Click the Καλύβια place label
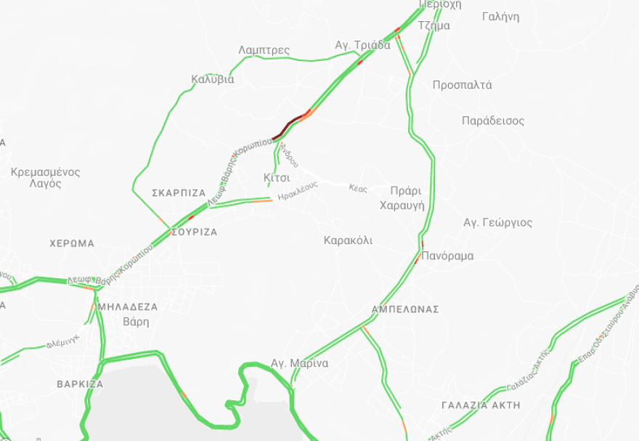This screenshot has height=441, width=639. (213, 79)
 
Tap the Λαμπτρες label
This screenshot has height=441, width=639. (264, 50)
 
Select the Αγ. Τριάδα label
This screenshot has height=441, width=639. (362, 45)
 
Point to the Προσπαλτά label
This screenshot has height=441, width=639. (462, 85)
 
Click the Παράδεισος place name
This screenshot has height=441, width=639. (492, 121)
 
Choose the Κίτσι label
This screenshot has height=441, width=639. (277, 177)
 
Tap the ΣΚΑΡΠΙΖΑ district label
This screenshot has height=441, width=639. (179, 193)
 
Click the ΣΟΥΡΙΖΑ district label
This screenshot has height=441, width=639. (194, 232)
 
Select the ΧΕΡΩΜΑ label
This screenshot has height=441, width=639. (72, 243)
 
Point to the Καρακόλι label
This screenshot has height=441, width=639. (348, 240)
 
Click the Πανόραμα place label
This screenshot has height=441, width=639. (447, 256)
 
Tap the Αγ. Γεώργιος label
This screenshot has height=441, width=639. (497, 222)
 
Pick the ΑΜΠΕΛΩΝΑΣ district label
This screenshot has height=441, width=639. (405, 309)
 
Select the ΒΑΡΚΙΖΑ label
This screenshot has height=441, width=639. (80, 384)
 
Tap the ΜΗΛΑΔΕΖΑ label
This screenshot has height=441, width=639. (127, 307)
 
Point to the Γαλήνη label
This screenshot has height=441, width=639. (500, 17)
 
